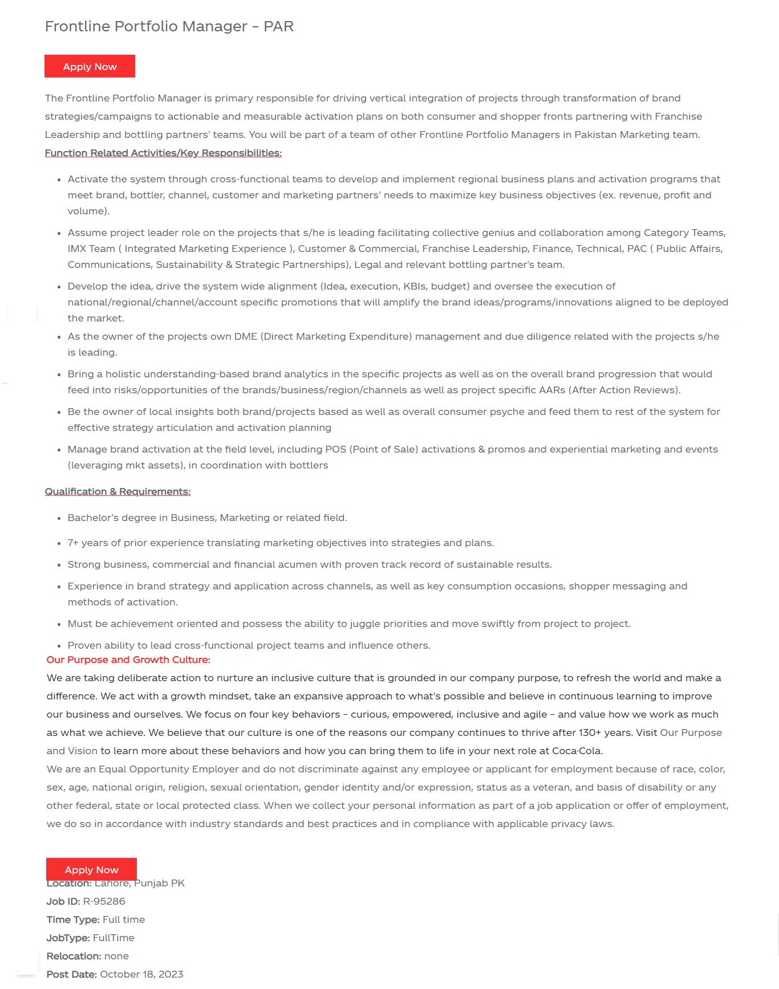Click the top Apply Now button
tap(90, 66)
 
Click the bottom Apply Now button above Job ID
tap(91, 869)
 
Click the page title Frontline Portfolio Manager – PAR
tap(169, 26)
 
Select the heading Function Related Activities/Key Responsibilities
tap(163, 153)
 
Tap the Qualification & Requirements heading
tap(117, 491)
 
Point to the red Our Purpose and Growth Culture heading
tap(128, 660)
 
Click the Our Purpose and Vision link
tap(691, 732)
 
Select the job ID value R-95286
tap(104, 901)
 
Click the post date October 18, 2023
tap(141, 974)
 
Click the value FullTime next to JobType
tap(113, 938)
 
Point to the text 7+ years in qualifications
tap(86, 543)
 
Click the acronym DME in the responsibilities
tap(246, 336)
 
